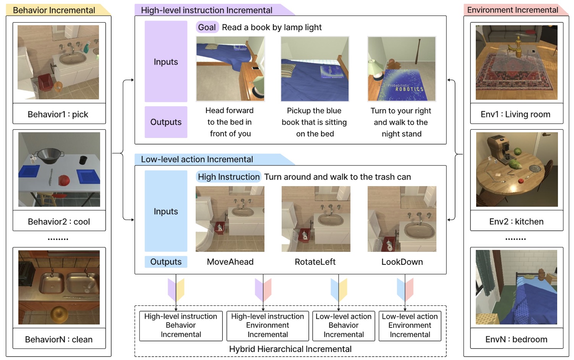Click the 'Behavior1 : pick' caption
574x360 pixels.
coord(58,114)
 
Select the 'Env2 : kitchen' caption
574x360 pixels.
coord(516,222)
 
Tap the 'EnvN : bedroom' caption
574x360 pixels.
coord(516,339)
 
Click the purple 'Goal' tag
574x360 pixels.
coord(207,27)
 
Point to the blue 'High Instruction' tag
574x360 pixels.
coord(229,177)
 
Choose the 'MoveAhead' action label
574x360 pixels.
coord(230,262)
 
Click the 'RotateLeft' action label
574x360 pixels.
coord(315,262)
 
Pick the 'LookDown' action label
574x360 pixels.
coord(402,262)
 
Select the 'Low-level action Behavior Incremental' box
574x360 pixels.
coord(344,326)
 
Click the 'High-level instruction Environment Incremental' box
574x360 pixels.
coord(268,326)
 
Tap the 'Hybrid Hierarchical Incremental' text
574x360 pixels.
coord(290,349)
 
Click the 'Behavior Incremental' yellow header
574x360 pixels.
coord(54,10)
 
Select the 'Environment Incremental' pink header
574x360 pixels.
coord(512,10)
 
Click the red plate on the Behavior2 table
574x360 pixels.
coord(64,180)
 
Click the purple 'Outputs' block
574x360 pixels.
coord(166,122)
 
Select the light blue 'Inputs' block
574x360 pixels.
coord(166,211)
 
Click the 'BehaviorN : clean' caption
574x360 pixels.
coord(59,339)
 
